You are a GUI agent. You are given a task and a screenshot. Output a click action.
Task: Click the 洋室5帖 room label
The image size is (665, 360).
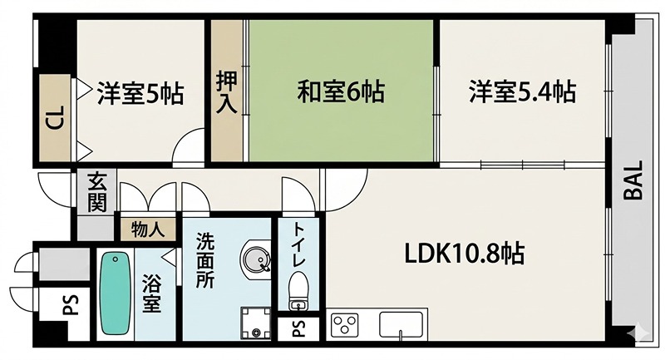139,91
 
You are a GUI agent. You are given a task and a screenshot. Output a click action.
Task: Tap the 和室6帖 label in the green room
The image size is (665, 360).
341,91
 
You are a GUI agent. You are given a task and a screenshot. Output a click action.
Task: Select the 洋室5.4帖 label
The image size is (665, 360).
521,91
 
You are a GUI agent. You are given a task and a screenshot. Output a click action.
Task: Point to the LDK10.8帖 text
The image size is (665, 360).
464,253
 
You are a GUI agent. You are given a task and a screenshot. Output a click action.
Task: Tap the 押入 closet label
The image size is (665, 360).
225,92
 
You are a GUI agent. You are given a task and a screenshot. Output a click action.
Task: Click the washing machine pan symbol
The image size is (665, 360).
255,323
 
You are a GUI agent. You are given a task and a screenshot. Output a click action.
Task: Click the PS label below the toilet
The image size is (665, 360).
298,330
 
